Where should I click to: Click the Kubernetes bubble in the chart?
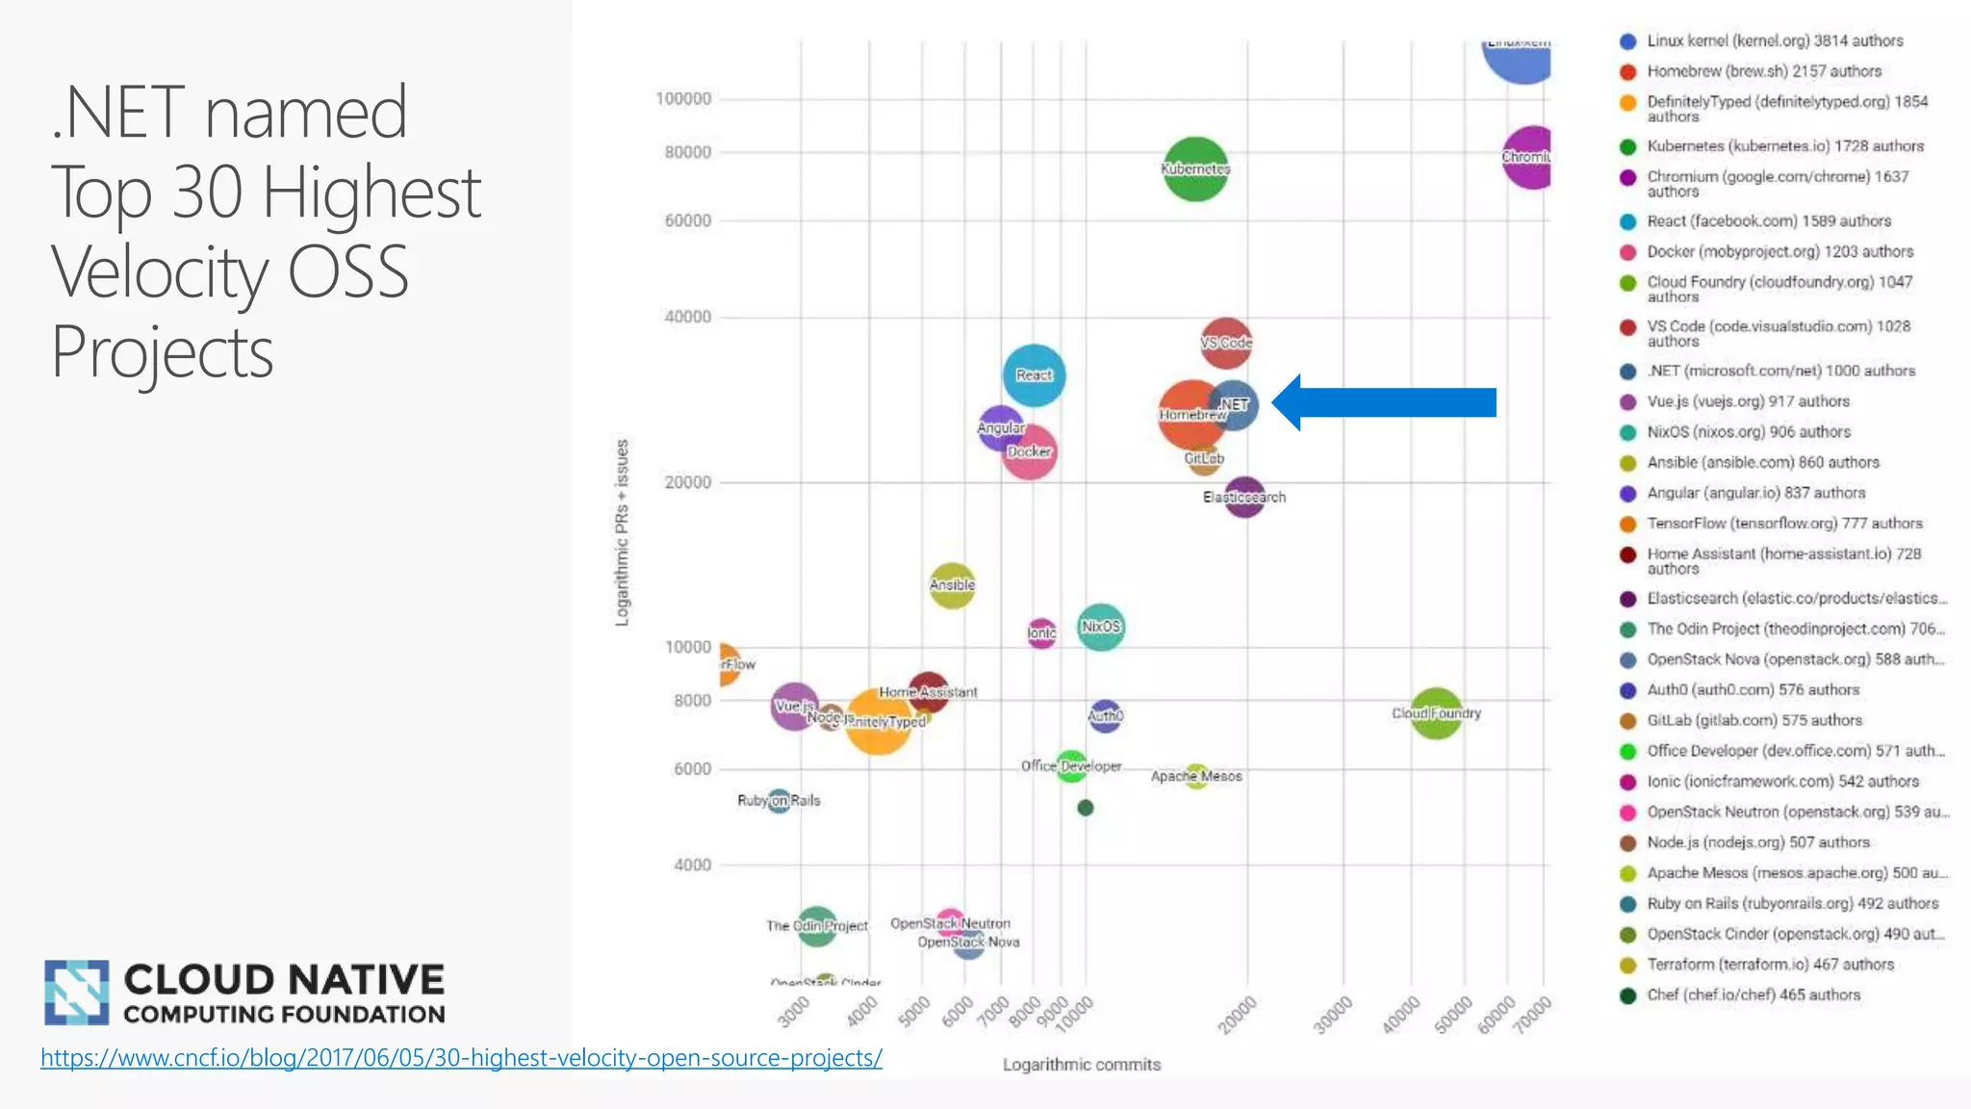tap(1194, 168)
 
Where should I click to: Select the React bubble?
tap(1034, 374)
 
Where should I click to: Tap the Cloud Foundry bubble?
tap(1436, 713)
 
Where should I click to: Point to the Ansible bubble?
tap(952, 585)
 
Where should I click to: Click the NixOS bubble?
tap(1100, 627)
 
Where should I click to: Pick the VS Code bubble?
tap(1226, 343)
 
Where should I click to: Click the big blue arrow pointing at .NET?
tap(1386, 402)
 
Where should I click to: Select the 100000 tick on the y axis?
tap(683, 99)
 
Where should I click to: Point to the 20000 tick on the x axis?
tap(1237, 1016)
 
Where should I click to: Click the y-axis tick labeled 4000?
tap(692, 865)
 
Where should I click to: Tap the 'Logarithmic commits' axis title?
tap(1082, 1065)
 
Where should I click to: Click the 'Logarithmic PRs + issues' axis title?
tap(623, 532)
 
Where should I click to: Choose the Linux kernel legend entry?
tap(1774, 41)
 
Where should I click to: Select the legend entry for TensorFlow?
tap(1783, 524)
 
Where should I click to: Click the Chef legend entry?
tap(1753, 995)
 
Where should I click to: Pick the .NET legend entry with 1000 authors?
tap(1779, 372)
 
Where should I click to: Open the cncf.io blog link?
tap(461, 1058)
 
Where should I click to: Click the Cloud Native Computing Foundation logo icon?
tap(76, 992)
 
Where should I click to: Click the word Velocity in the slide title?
tap(159, 272)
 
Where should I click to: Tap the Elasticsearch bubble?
tap(1244, 498)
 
